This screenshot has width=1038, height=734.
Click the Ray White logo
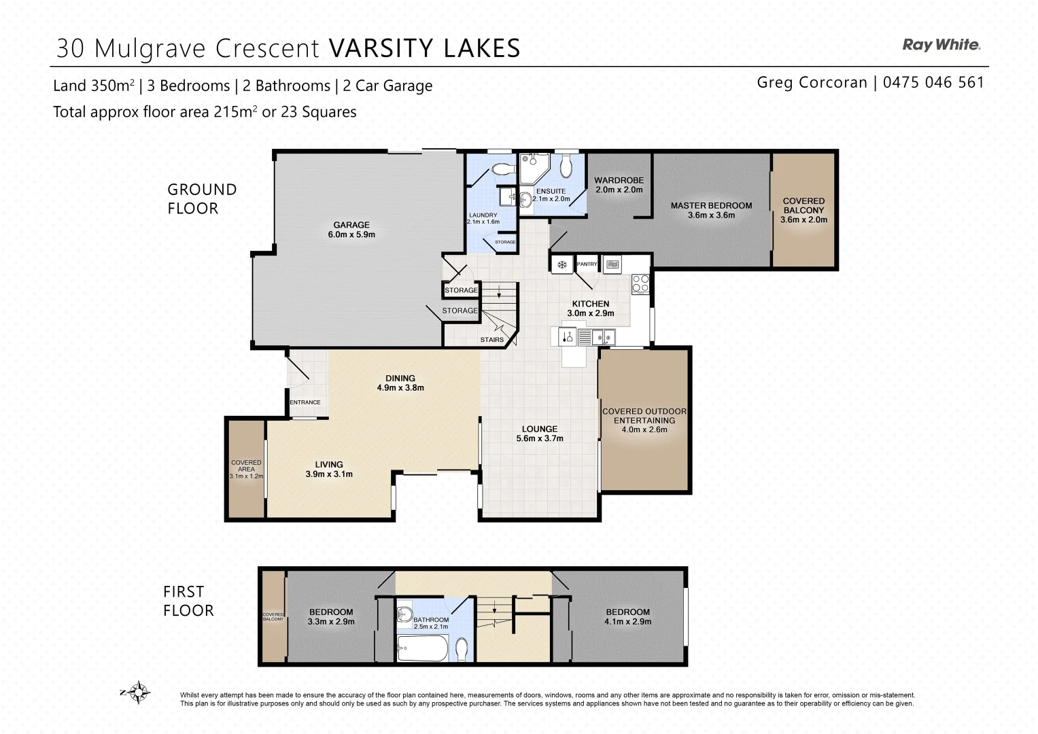tap(941, 45)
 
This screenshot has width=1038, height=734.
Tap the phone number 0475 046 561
tap(933, 83)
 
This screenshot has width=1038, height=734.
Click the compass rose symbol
tap(139, 693)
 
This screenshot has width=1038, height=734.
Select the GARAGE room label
tap(351, 230)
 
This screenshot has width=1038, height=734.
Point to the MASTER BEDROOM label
tap(711, 210)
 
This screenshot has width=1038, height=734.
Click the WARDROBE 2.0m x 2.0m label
tap(619, 185)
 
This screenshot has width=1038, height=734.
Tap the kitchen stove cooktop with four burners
tap(640, 283)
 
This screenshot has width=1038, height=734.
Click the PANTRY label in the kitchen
tap(587, 264)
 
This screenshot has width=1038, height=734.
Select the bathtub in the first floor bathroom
tap(422, 648)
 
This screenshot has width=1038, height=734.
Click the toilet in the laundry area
tap(504, 169)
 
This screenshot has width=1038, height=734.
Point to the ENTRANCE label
tap(305, 402)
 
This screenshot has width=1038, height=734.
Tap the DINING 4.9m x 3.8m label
tap(400, 383)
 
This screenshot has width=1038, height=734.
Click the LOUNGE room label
tap(540, 434)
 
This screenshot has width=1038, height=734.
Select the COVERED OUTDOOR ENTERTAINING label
tap(644, 420)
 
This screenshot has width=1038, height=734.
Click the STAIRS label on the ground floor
tap(492, 340)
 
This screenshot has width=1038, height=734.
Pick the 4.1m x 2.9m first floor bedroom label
tap(628, 616)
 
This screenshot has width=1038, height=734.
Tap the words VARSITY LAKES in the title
tap(424, 49)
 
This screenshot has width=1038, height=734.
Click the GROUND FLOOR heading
tap(202, 198)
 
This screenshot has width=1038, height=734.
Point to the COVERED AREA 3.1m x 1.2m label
tap(246, 469)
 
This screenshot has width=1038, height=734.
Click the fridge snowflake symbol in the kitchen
tap(562, 264)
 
